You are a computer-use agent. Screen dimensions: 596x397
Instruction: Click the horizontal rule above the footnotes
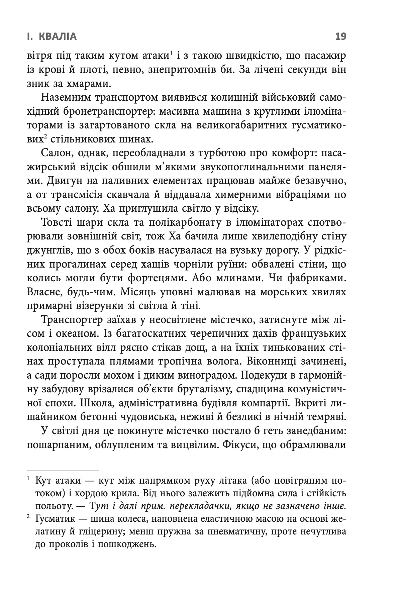63,471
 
